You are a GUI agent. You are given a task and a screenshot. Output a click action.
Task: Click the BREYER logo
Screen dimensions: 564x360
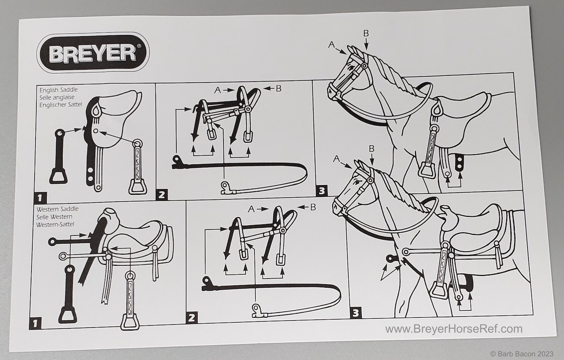pos(93,52)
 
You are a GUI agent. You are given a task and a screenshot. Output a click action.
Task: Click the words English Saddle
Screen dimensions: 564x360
pos(59,90)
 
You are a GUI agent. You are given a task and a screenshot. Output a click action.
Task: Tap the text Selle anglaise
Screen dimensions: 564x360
pos(57,97)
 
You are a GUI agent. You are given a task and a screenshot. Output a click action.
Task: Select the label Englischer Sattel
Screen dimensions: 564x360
pos(61,105)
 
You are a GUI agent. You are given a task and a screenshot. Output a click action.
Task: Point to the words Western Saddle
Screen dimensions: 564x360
pos(57,209)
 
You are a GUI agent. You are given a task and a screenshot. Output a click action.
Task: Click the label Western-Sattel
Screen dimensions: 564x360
pos(55,224)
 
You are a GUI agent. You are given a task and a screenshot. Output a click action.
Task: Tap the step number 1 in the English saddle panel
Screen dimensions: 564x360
pos(40,197)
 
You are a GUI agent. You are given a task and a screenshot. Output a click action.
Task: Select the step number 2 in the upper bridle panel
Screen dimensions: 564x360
pos(161,195)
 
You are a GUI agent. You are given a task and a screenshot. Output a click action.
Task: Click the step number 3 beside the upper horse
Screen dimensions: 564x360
pos(322,190)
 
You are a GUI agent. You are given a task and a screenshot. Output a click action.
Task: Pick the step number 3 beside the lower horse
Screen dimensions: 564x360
pos(356,313)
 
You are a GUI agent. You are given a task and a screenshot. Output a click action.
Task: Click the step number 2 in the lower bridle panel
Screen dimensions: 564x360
pos(192,318)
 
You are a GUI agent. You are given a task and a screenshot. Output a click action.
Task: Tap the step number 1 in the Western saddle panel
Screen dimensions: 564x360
pos(35,323)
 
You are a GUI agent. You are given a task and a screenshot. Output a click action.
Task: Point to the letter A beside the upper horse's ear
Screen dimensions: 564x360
pos(332,45)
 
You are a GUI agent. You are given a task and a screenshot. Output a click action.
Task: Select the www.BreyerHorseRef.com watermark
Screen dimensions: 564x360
pos(454,329)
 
